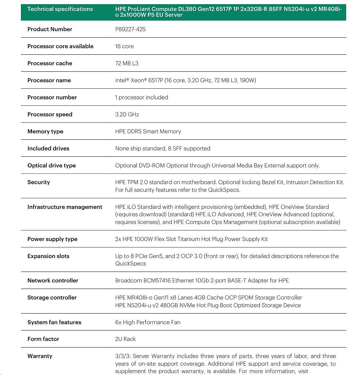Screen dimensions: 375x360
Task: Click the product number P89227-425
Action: [x=130, y=29]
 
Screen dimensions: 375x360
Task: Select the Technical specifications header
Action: [x=60, y=9]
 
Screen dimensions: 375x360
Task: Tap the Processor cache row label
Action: [x=50, y=63]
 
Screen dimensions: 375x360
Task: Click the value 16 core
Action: [x=124, y=46]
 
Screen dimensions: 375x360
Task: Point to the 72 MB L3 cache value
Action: [x=126, y=63]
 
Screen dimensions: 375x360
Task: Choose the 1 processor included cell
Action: [x=142, y=97]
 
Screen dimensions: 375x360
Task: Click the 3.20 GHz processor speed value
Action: [x=127, y=114]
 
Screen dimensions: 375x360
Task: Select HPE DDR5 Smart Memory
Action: [x=148, y=131]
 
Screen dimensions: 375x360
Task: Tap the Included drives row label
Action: [x=48, y=148]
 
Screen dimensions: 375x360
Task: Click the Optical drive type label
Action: [x=51, y=165]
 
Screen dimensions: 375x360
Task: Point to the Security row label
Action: [x=39, y=182]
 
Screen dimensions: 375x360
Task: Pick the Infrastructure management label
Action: [x=65, y=207]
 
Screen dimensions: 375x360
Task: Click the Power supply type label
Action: [x=52, y=239]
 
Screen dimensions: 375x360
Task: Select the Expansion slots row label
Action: [x=48, y=256]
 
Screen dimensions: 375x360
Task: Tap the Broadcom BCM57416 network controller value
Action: [x=202, y=281]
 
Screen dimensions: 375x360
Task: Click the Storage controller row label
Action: [x=52, y=298]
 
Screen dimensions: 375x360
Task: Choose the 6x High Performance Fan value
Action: [x=148, y=322]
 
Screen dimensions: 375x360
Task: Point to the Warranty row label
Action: [x=40, y=356]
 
